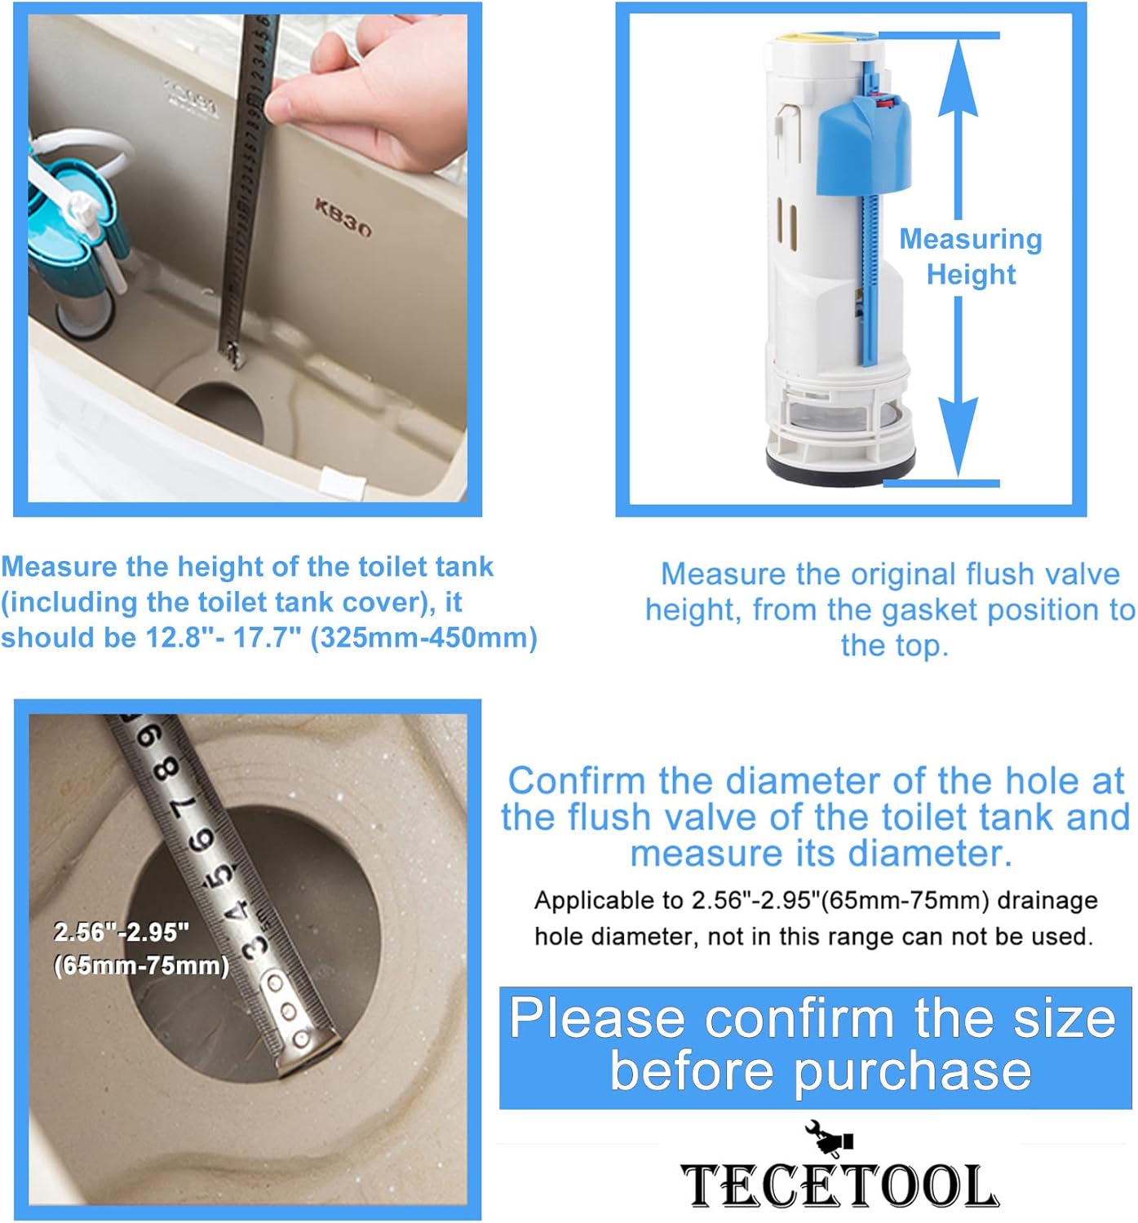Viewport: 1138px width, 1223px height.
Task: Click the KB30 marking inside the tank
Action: (343, 219)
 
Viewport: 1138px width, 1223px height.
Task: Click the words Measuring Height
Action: (971, 257)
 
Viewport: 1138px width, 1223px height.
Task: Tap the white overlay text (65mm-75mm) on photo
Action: (141, 965)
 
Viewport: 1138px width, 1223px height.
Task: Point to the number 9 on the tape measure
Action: (148, 738)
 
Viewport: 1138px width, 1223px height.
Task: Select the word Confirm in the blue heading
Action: (576, 781)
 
